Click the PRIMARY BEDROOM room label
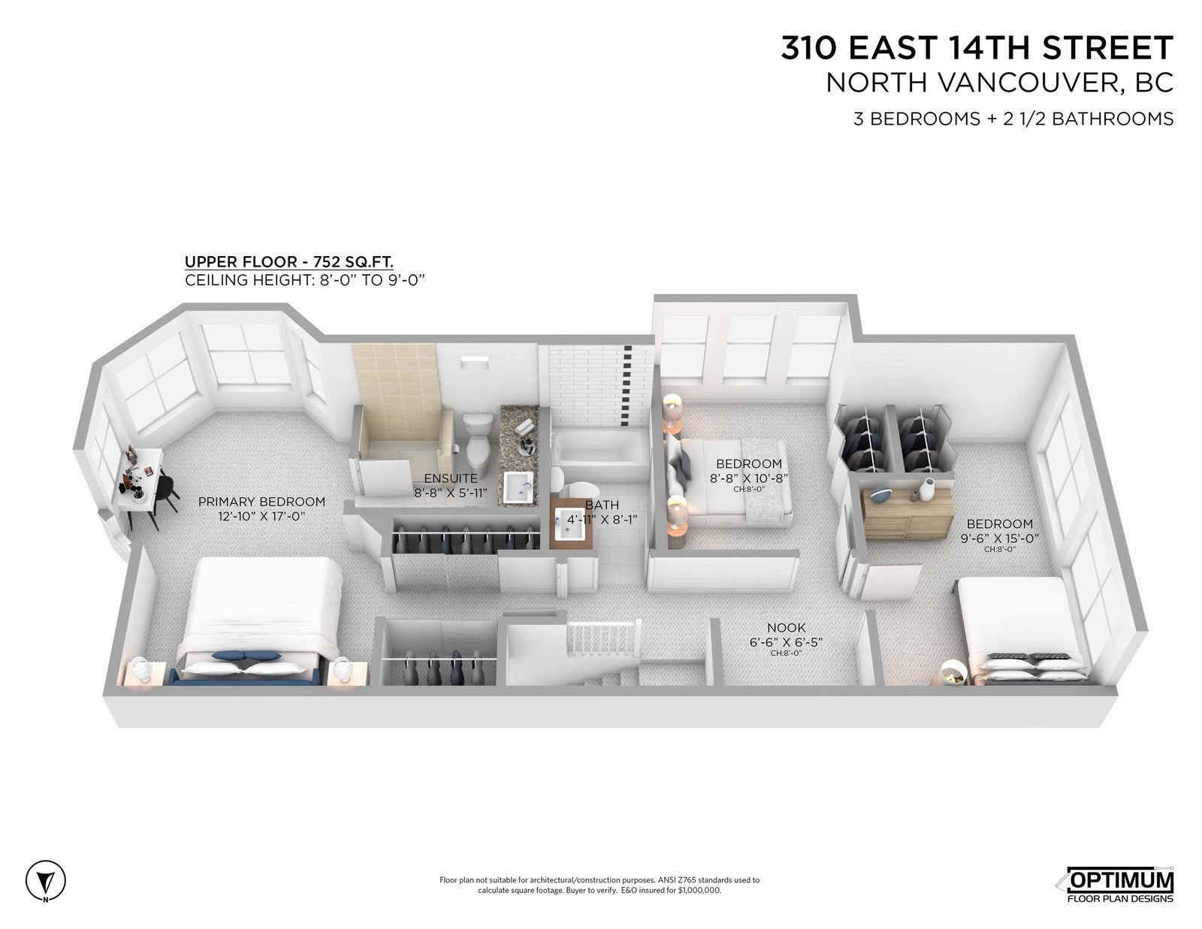click(x=261, y=502)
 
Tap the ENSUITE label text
click(x=450, y=478)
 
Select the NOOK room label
click(x=786, y=628)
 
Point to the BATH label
click(x=602, y=505)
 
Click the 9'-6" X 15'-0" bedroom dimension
click(x=999, y=538)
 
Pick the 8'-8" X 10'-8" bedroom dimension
click(x=748, y=478)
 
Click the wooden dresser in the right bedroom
click(x=906, y=511)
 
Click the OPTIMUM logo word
click(x=1121, y=879)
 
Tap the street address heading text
click(x=977, y=47)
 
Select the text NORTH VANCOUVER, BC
click(x=999, y=83)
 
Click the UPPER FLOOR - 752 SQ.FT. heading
click(x=288, y=261)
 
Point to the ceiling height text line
click(x=305, y=280)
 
